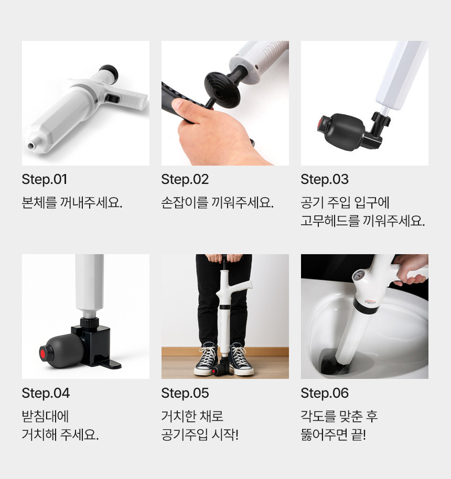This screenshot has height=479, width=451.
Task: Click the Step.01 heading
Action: [x=45, y=179]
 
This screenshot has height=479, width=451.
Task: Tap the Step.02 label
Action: [x=185, y=179]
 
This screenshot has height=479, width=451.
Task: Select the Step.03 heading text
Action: [x=325, y=179]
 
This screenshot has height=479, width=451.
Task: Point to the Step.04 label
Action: [x=46, y=393]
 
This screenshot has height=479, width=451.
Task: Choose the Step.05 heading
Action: [x=185, y=393]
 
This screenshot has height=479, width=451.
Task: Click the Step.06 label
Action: [x=325, y=393]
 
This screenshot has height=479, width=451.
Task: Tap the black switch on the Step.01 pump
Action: [x=112, y=99]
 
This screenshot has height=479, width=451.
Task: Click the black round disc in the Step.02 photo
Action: [x=222, y=90]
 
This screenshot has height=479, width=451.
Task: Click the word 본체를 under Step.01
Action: [x=39, y=202]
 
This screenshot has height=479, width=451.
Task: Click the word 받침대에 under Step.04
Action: [x=45, y=416]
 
